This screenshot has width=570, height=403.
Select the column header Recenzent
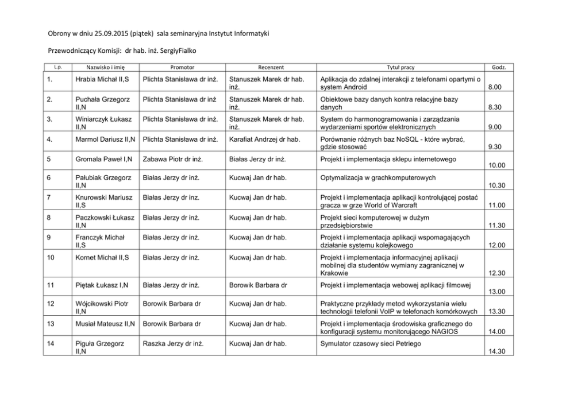pos(271,68)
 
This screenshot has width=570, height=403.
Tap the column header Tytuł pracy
pos(400,68)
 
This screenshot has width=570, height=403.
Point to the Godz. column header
pos(499,68)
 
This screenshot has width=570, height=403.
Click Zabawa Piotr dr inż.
pos(171,158)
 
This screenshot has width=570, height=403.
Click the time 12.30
pos(496,273)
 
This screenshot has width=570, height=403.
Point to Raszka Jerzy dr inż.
pos(171,343)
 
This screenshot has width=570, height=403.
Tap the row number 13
pos(51,324)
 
